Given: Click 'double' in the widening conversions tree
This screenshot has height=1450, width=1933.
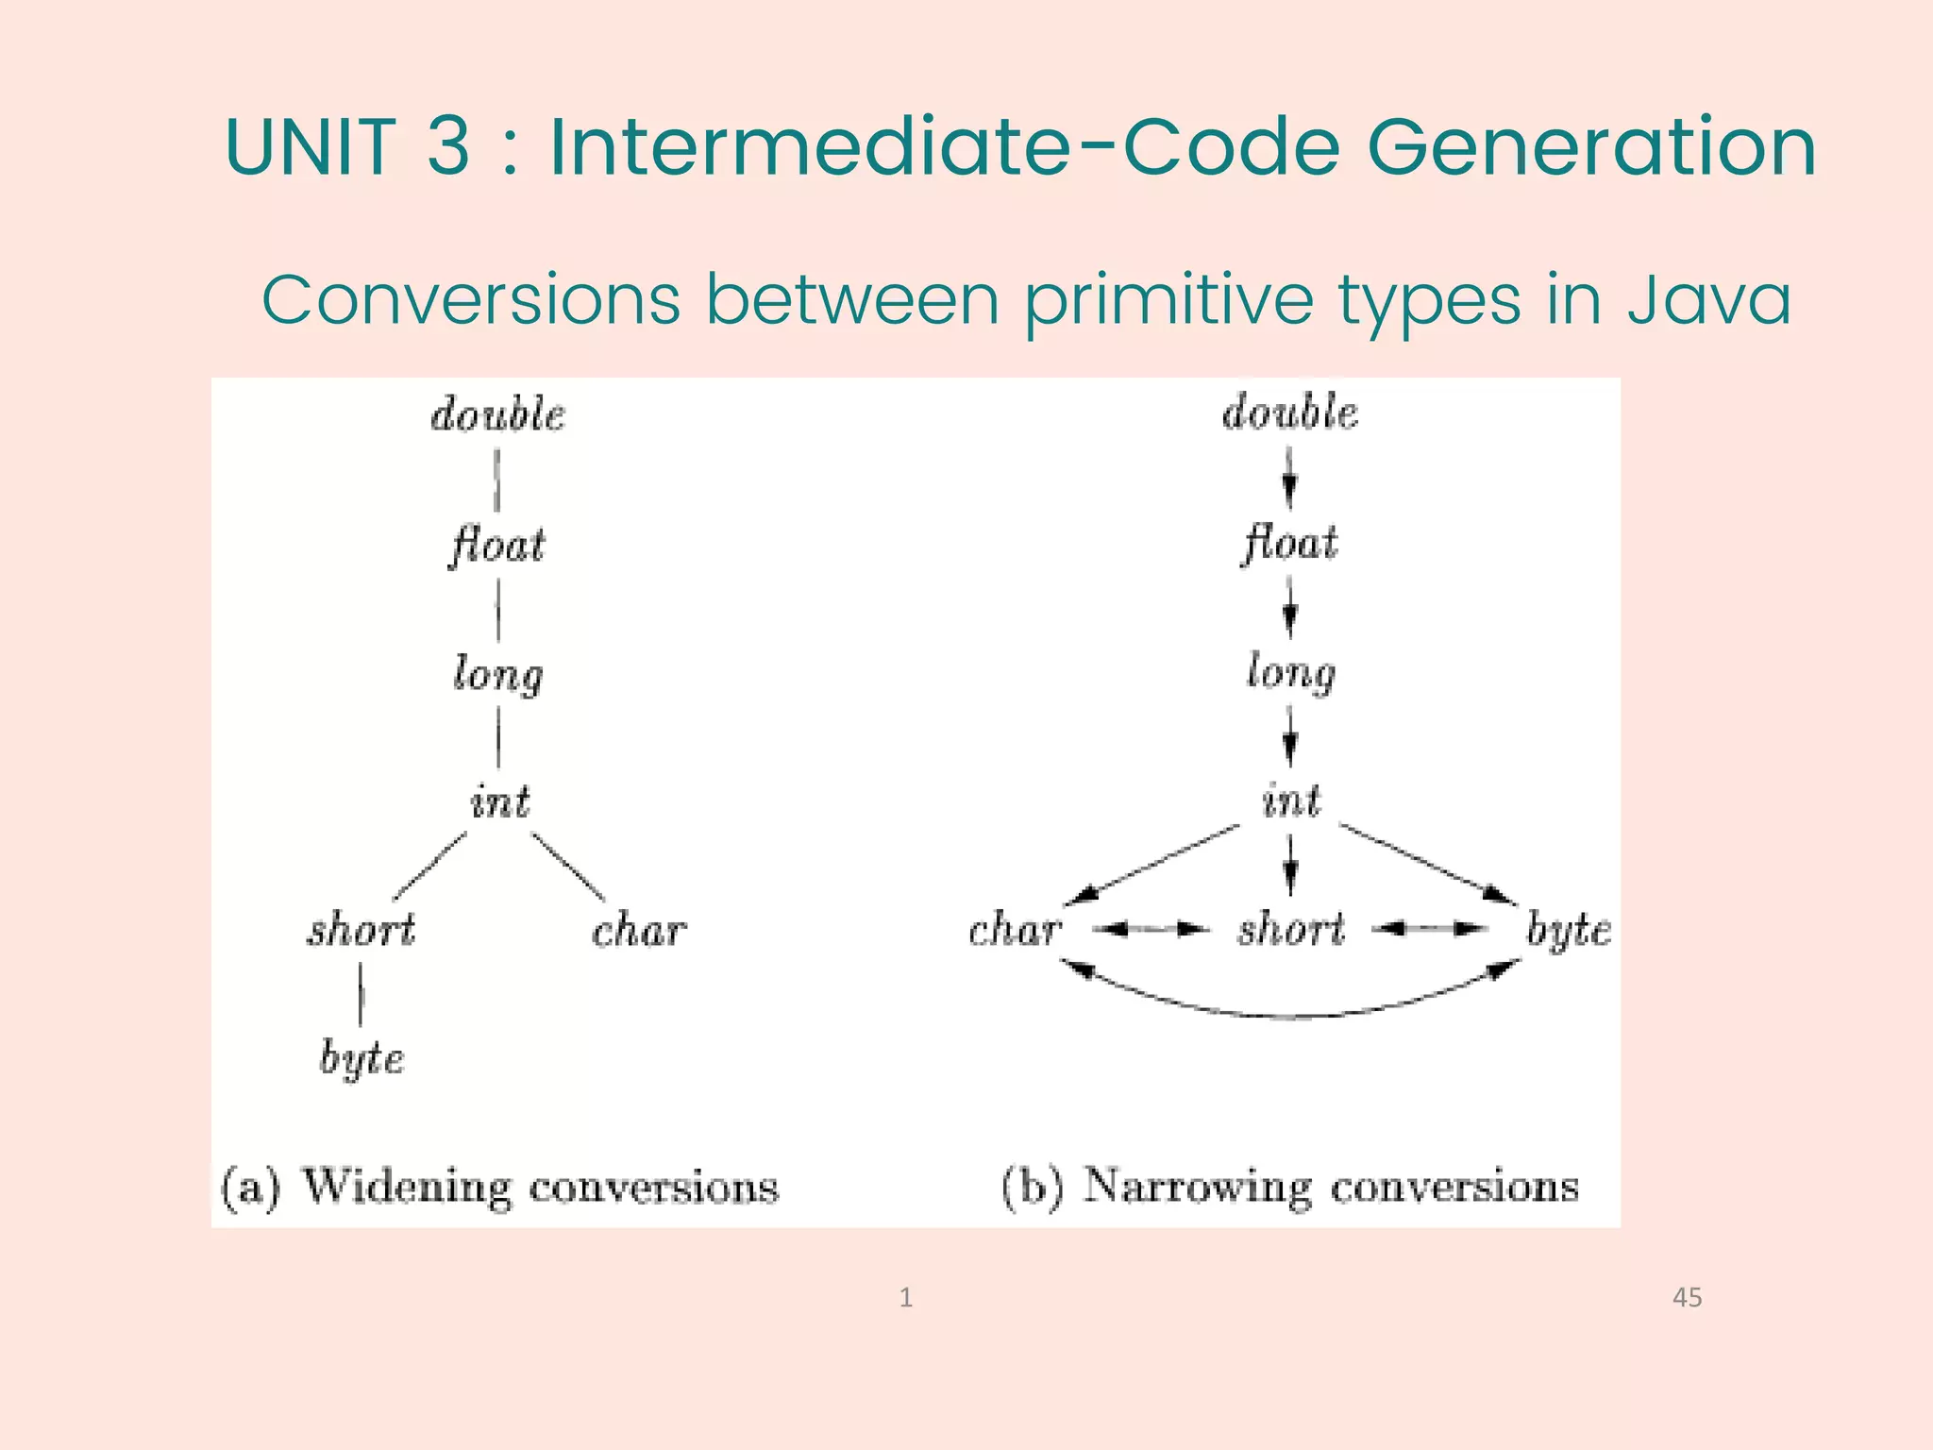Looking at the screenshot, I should [x=497, y=415].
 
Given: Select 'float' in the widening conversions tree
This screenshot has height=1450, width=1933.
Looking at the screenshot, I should [x=497, y=546].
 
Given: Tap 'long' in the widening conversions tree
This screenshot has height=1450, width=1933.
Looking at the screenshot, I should [x=497, y=674].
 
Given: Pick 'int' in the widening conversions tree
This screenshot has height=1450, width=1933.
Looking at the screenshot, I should [x=499, y=802].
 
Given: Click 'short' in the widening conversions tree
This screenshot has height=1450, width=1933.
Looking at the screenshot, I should [x=361, y=930].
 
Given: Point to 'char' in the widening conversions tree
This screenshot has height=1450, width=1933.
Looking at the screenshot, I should [x=639, y=931].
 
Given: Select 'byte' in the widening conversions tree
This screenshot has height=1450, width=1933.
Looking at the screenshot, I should [x=361, y=1057].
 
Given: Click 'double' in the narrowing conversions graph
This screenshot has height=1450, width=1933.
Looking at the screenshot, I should [x=1290, y=413].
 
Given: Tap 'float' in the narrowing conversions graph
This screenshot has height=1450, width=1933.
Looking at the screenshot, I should [x=1290, y=544].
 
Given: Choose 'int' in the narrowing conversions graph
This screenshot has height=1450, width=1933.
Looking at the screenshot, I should [x=1291, y=801].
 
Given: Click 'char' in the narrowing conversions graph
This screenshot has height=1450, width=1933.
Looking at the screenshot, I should [x=1016, y=930].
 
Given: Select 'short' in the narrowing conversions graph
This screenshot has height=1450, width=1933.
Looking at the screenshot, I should [x=1291, y=929].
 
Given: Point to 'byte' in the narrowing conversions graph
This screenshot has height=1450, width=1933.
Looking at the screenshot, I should [x=1569, y=931].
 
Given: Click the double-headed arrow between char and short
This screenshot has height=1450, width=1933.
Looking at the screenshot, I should [x=1151, y=930].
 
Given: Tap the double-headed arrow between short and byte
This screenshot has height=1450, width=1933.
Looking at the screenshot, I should [x=1429, y=929].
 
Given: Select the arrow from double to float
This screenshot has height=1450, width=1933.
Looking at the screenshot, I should [x=1289, y=478].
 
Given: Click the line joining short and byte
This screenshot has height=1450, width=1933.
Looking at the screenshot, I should [x=361, y=994].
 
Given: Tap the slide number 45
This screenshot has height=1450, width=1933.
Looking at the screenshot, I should [x=1687, y=1297].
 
